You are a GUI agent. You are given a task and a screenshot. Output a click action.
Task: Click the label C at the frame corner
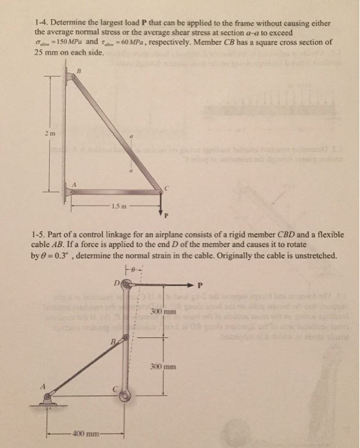pos(166,187)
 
